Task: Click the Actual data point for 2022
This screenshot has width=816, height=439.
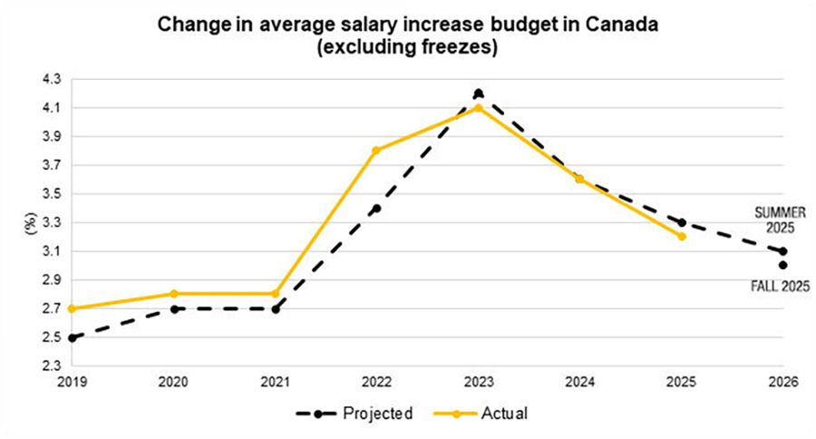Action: click(376, 150)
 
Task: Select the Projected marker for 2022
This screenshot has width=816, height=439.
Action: click(376, 208)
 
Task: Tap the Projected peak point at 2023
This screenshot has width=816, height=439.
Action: click(478, 93)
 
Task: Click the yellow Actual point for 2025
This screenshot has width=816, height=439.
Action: click(681, 236)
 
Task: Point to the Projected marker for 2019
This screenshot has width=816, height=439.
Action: click(71, 337)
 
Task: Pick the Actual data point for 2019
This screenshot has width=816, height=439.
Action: click(71, 308)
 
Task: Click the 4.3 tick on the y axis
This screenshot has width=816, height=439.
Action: click(50, 79)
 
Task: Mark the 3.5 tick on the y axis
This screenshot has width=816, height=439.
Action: click(50, 193)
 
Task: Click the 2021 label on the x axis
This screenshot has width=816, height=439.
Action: click(275, 383)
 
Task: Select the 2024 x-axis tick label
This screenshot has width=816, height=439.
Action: click(579, 383)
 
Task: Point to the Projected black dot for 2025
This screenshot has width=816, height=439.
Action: click(681, 222)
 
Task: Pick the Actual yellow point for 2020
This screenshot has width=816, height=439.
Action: click(173, 294)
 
